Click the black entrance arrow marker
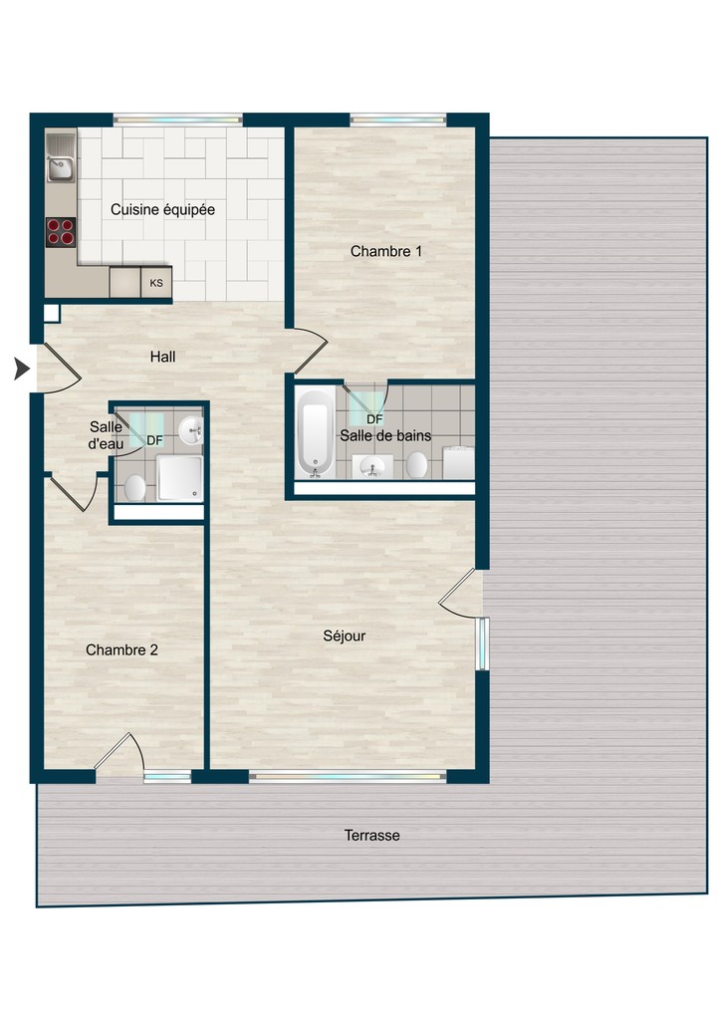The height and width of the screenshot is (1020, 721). (20, 370)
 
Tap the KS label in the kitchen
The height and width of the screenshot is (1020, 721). (156, 283)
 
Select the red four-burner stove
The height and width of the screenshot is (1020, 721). (61, 231)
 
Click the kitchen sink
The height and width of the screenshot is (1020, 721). (61, 163)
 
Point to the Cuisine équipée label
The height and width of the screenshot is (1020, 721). (162, 210)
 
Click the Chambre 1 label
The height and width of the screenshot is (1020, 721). (385, 252)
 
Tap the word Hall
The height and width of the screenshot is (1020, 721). (162, 357)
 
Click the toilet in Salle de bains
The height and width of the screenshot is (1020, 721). (417, 464)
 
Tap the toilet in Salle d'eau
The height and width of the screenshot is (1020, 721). (134, 487)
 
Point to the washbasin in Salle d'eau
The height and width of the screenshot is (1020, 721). (190, 430)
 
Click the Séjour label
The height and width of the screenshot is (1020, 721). (344, 636)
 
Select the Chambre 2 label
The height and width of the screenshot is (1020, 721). (121, 650)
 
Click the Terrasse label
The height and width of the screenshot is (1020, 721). (371, 836)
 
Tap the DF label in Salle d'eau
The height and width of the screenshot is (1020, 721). (155, 440)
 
